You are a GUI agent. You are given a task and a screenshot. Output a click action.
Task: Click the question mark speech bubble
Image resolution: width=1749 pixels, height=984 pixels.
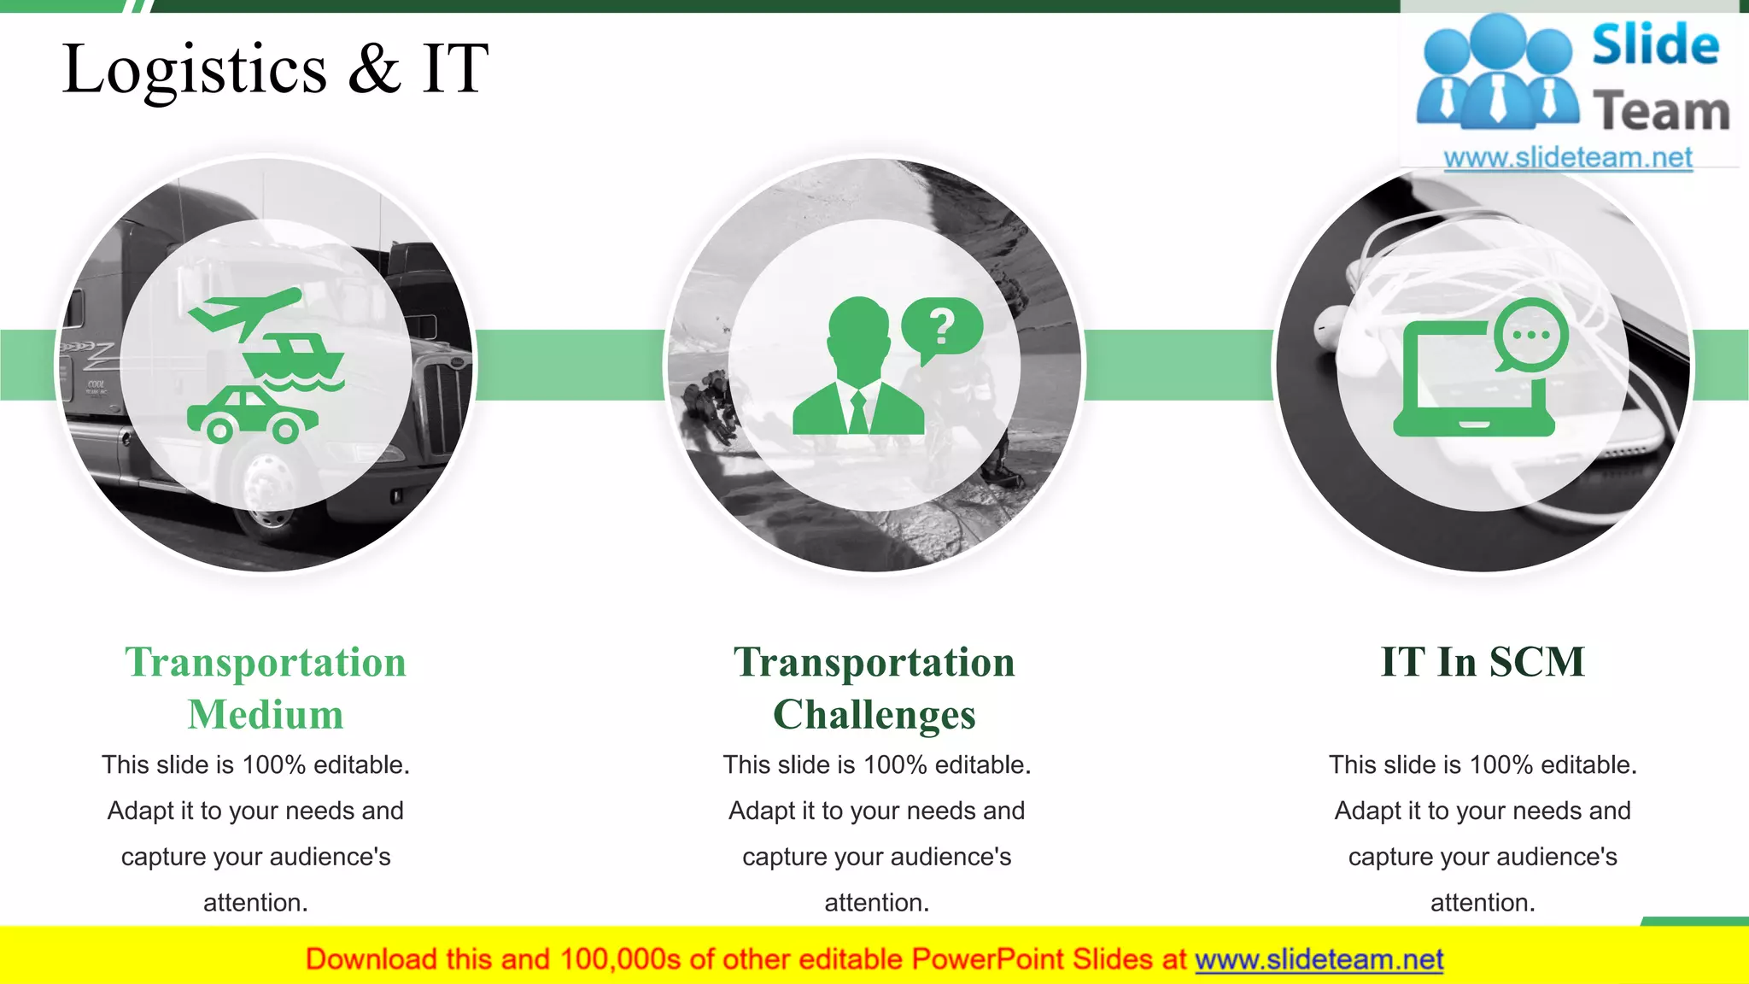(943, 328)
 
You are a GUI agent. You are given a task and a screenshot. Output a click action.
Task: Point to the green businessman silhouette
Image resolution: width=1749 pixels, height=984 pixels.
(858, 372)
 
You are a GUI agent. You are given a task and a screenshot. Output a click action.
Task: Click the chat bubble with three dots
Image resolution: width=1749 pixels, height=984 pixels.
(1531, 336)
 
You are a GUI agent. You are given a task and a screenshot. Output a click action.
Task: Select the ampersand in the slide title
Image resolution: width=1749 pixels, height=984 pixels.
(374, 68)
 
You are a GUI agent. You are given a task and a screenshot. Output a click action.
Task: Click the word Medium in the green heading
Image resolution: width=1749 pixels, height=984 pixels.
(266, 715)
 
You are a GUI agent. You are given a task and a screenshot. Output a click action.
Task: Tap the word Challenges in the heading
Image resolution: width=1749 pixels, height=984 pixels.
(874, 715)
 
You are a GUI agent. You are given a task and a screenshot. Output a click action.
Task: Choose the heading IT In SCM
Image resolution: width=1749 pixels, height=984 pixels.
(1483, 662)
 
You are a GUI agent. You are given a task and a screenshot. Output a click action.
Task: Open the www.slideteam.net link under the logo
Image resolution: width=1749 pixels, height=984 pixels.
(1568, 158)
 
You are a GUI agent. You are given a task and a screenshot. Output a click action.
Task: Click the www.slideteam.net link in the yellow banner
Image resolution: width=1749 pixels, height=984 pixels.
(1319, 960)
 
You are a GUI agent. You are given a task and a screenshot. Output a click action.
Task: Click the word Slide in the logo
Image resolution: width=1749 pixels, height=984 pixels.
(1655, 46)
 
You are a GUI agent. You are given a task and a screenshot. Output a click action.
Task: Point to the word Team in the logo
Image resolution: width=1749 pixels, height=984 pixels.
(1661, 112)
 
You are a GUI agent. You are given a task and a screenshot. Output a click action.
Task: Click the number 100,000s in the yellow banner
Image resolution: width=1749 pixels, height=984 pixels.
(620, 960)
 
